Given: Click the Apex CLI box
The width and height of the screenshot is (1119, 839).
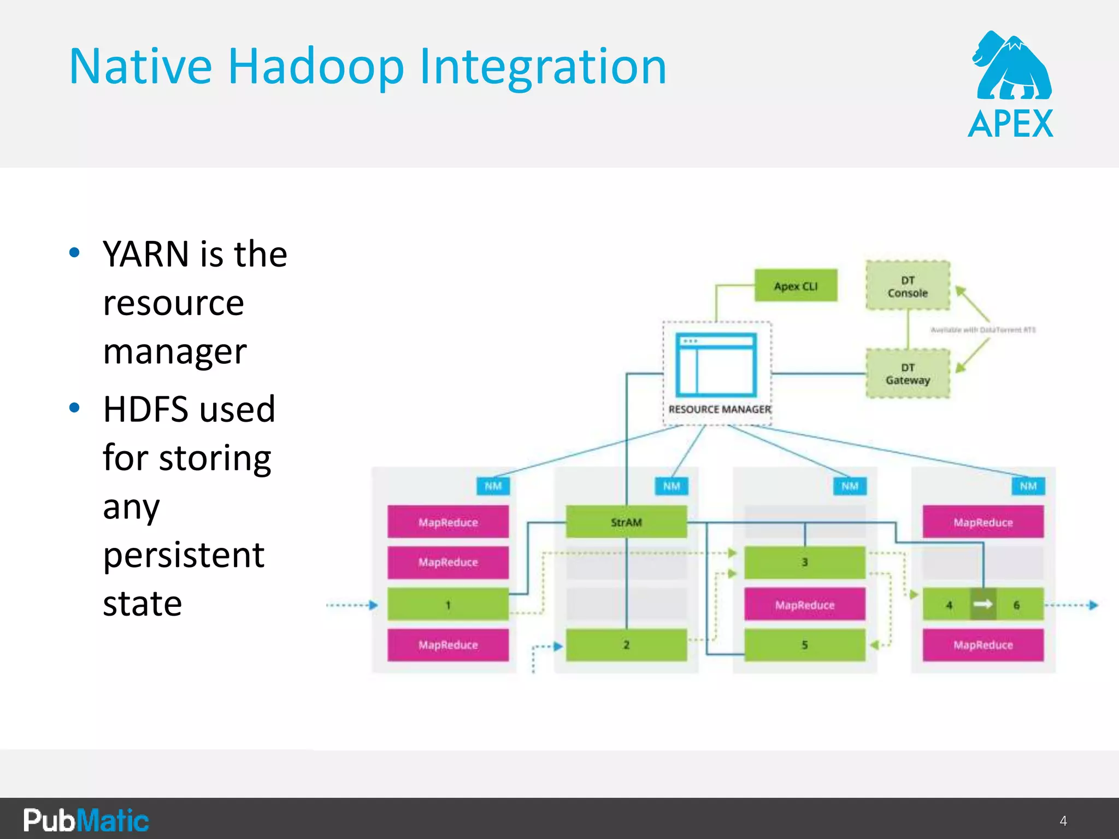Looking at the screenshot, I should coord(796,286).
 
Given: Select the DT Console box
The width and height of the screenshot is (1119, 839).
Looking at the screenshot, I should coord(908,286).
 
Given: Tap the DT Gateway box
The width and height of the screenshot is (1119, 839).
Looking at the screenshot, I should coord(908,374).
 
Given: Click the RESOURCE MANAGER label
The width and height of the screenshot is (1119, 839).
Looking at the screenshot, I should coord(720,409).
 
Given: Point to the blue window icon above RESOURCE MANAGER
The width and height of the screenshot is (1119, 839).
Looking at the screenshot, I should coord(716,365).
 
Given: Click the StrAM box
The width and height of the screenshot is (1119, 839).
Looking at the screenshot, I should coord(626,522).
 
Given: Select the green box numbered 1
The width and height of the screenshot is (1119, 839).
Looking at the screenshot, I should coord(448,605).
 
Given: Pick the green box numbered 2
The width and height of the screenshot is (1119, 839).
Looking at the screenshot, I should coord(626,645).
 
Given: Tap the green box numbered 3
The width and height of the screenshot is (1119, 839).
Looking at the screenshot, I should coord(804,562).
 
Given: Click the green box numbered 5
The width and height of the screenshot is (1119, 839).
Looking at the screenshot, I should coord(804,645).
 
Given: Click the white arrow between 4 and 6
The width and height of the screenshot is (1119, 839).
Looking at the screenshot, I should coord(983,604).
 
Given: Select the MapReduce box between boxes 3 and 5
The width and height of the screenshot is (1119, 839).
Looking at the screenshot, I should coord(804,605).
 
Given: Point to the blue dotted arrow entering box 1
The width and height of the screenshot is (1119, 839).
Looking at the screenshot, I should coord(352,605).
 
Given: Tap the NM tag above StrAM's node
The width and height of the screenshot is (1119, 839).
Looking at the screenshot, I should coord(672,486).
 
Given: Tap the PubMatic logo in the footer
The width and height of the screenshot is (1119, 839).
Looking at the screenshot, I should coord(86,820).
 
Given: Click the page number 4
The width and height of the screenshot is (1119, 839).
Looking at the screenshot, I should coord(1063,820).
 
